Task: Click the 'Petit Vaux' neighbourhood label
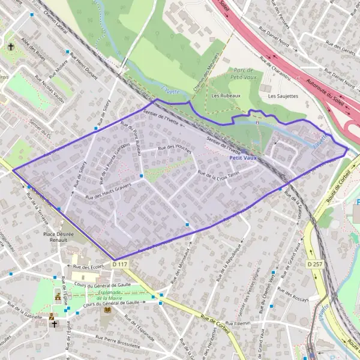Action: pos(242,157)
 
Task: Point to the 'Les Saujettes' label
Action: pos(283,96)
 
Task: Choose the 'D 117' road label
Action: pos(120,264)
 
